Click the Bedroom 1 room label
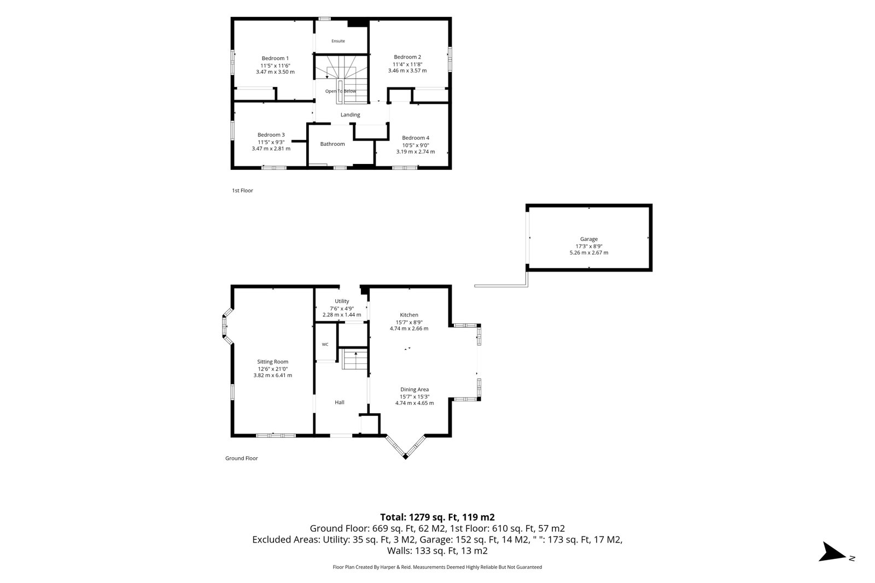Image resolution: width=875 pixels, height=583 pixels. tap(275, 58)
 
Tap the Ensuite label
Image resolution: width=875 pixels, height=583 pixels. tap(339, 41)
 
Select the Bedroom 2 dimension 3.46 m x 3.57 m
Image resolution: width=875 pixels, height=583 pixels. tap(407, 70)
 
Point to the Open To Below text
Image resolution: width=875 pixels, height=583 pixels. tap(341, 91)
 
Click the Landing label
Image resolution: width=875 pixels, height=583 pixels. tap(350, 115)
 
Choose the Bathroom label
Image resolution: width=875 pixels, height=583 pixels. tap(332, 144)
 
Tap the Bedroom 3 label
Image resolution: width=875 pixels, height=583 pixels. tap(271, 135)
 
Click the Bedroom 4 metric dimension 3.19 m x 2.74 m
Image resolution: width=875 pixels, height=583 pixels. tap(416, 152)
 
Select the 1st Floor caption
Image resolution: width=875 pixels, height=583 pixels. tap(243, 191)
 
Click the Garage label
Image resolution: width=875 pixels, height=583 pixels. tap(588, 239)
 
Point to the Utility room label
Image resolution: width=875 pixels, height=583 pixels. tap(342, 301)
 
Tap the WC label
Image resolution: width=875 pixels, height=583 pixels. tap(325, 345)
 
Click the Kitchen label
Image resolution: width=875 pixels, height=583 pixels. tap(409, 315)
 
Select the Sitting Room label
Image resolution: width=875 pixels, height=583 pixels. tap(273, 362)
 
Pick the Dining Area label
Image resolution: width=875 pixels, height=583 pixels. tap(415, 390)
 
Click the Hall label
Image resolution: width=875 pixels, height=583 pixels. tap(340, 402)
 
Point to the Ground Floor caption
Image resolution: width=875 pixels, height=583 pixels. tap(241, 458)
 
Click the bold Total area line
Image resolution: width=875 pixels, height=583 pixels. tap(437, 517)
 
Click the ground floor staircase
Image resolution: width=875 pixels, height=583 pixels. tap(355, 360)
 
